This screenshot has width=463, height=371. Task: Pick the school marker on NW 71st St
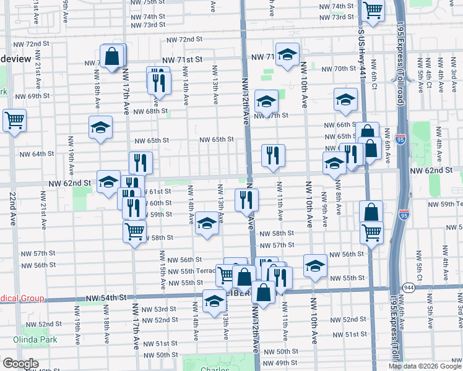[x=287, y=56]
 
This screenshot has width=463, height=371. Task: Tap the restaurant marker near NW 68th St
[x=159, y=80]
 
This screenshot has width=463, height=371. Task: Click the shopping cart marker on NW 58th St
[x=134, y=232]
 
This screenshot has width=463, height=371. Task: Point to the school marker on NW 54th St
[x=214, y=302]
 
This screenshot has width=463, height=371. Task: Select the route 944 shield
[x=409, y=288]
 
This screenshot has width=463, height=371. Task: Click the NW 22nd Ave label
[x=13, y=210]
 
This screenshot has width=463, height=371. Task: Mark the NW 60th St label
[x=160, y=203]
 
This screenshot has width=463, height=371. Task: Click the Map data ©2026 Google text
[x=424, y=366]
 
